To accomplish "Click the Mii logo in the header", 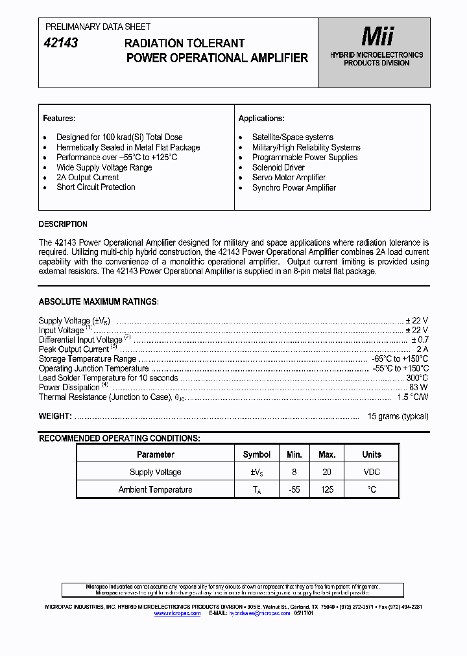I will tap(377, 36).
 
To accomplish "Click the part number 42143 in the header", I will tap(60, 43).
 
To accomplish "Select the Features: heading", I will tap(59, 119).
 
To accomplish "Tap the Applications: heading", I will tap(261, 119).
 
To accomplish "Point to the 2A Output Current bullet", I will tap(88, 178).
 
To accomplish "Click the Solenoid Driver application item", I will tap(278, 168).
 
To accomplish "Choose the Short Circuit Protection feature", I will tap(95, 187).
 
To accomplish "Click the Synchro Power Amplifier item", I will tap(294, 188).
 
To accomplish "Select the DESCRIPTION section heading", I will tap(63, 224).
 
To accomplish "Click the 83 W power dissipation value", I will tap(418, 388).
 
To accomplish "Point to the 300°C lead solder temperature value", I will tap(417, 378).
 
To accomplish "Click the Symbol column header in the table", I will tap(257, 454).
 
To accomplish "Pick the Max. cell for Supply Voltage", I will tap(327, 472).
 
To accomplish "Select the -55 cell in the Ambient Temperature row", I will tap(294, 489).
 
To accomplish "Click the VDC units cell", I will tap(372, 472).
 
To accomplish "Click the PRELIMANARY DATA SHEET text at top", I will tap(97, 27).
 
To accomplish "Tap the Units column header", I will tap(372, 454).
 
